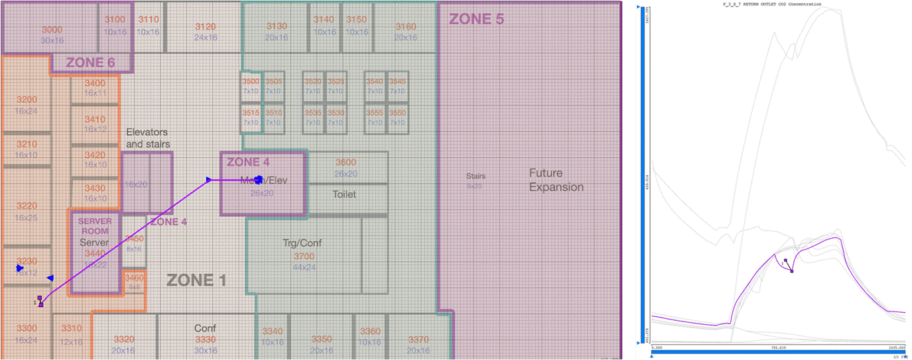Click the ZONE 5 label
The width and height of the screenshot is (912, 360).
[x=476, y=19]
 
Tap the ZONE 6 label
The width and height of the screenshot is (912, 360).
[x=91, y=63]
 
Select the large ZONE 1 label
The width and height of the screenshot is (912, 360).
[x=196, y=280]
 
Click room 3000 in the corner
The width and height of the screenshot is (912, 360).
[x=52, y=30]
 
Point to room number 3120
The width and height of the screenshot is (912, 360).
[x=206, y=27]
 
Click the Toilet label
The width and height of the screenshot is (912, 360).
[x=344, y=194]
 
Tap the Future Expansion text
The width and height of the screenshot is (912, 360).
[x=556, y=180]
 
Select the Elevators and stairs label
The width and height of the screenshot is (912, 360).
[x=148, y=138]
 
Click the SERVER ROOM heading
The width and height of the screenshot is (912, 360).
[x=94, y=225]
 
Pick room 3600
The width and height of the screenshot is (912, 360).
[x=346, y=162]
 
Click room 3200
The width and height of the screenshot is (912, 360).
[x=27, y=99]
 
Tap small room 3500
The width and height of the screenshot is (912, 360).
[x=250, y=82]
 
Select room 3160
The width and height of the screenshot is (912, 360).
[x=405, y=27]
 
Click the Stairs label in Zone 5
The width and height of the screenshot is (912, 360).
[x=476, y=176]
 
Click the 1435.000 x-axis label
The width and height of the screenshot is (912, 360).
[x=897, y=347]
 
